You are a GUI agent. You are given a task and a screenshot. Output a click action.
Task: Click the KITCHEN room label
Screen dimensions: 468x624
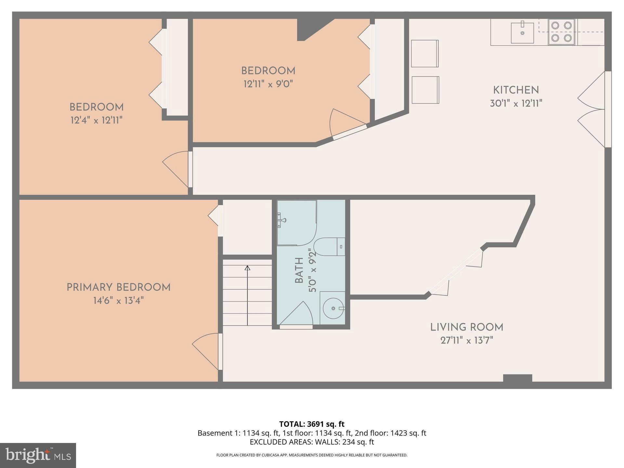point(516,90)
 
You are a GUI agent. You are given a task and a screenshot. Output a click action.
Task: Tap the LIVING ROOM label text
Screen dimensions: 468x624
point(467,327)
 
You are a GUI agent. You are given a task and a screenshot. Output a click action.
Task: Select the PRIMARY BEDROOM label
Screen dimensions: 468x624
point(118,287)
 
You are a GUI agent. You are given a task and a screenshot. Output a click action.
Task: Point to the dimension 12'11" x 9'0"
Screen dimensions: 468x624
point(268,84)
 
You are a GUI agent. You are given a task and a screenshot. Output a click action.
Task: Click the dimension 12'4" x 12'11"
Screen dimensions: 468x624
point(96,121)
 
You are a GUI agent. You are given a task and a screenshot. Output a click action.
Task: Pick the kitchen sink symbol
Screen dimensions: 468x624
point(522,33)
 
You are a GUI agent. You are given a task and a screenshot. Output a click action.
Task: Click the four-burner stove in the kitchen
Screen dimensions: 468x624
point(562,32)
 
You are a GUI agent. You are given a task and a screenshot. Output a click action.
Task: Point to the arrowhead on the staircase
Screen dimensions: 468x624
point(247,268)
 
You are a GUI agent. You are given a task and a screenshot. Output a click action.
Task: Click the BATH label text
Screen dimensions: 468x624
point(299,270)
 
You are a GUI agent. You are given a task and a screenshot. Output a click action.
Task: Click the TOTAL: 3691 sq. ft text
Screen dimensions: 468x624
point(312,424)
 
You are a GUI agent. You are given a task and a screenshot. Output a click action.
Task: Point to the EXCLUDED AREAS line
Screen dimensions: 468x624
point(312,442)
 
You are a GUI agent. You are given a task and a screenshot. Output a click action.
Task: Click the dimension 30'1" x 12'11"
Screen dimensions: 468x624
point(516,103)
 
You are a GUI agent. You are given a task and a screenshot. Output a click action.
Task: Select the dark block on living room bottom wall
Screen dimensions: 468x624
point(517,378)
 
